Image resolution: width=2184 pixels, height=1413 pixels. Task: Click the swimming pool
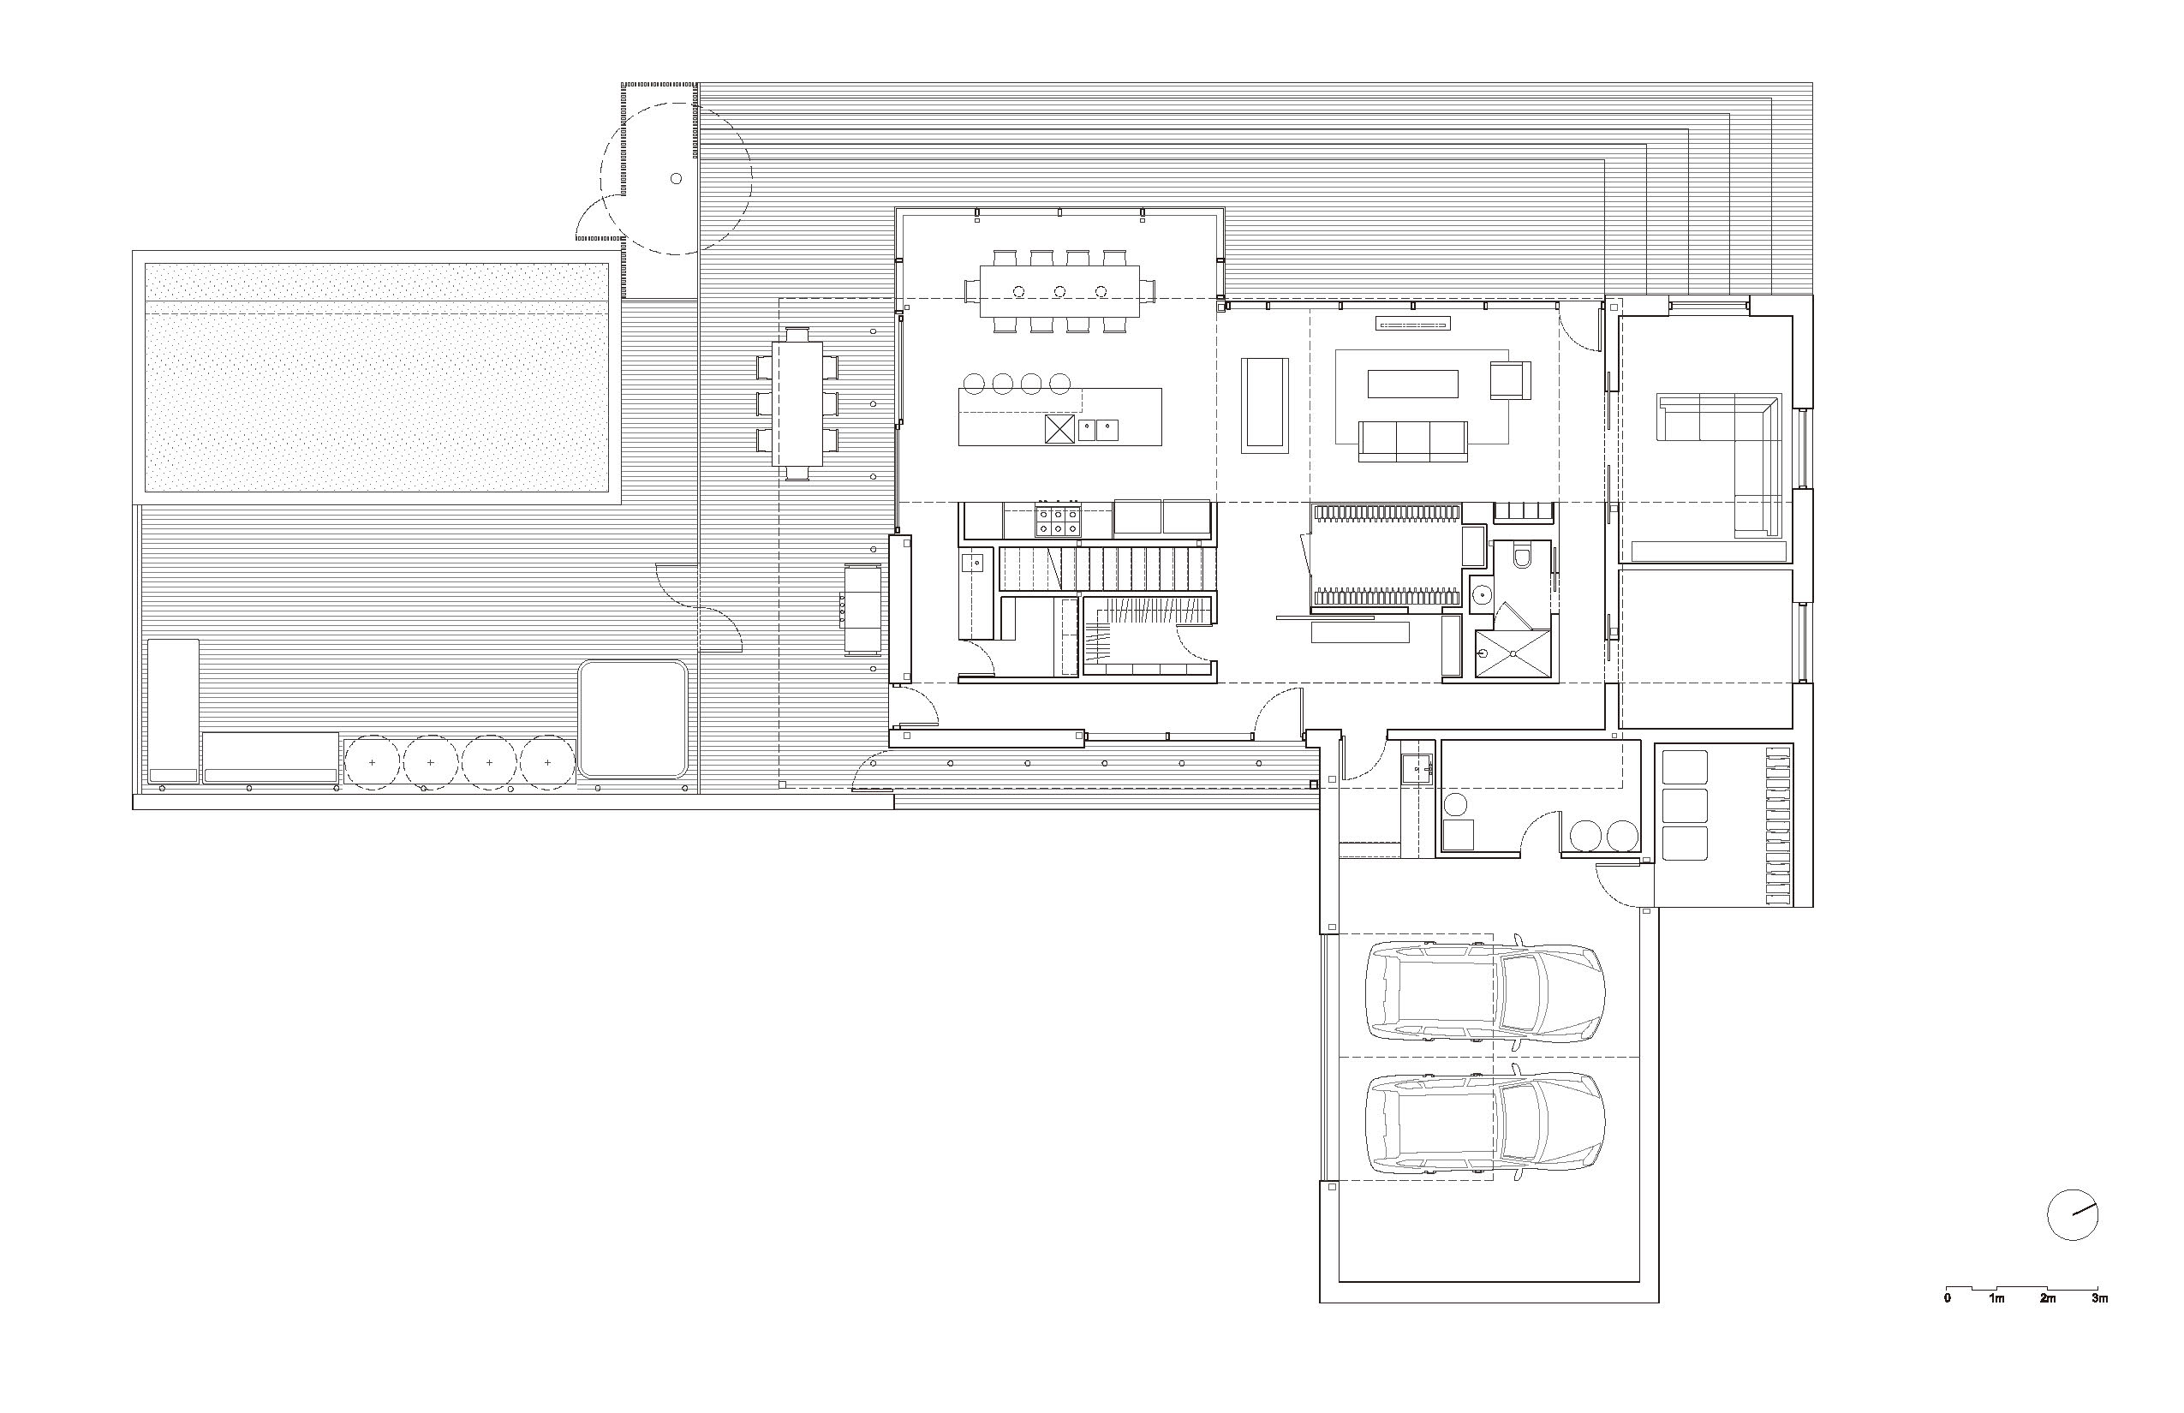click(376, 376)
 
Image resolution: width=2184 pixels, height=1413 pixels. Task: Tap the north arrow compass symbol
click(2072, 1215)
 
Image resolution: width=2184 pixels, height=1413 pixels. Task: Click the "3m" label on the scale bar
click(2099, 1298)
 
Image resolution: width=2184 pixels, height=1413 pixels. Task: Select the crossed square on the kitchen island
click(1060, 429)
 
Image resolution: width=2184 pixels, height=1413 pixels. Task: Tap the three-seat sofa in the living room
click(1413, 441)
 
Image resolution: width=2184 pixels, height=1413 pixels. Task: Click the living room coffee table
click(1412, 384)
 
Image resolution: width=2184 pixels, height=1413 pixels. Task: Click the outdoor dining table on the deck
click(797, 403)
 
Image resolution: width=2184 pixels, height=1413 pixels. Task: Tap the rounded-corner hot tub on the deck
click(634, 720)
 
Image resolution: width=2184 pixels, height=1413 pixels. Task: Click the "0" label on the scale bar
click(1946, 1298)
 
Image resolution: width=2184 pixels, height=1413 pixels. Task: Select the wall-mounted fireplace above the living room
click(1412, 322)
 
